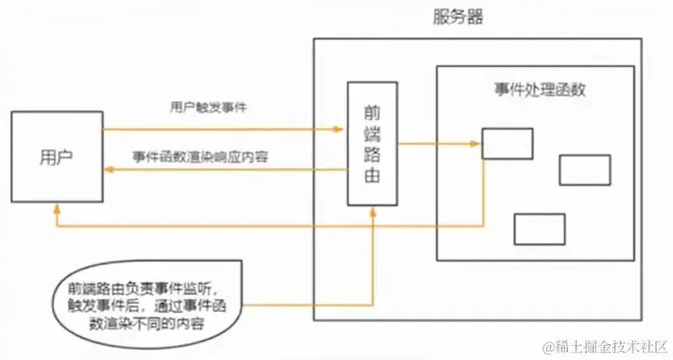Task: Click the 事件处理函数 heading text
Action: click(538, 88)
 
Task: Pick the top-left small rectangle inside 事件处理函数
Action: click(507, 143)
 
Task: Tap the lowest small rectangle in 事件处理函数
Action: click(539, 229)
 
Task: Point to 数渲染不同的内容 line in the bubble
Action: click(135, 323)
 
